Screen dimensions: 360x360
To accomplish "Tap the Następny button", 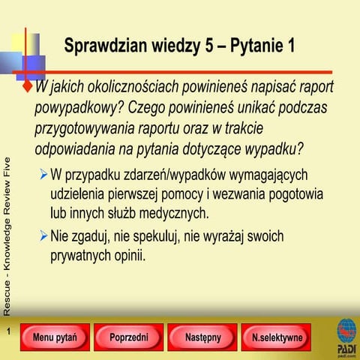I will (202, 337).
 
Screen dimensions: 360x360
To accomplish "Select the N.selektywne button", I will (277, 337).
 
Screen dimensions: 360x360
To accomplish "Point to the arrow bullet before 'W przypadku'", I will (44, 175).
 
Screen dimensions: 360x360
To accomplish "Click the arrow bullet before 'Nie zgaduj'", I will (44, 237).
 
